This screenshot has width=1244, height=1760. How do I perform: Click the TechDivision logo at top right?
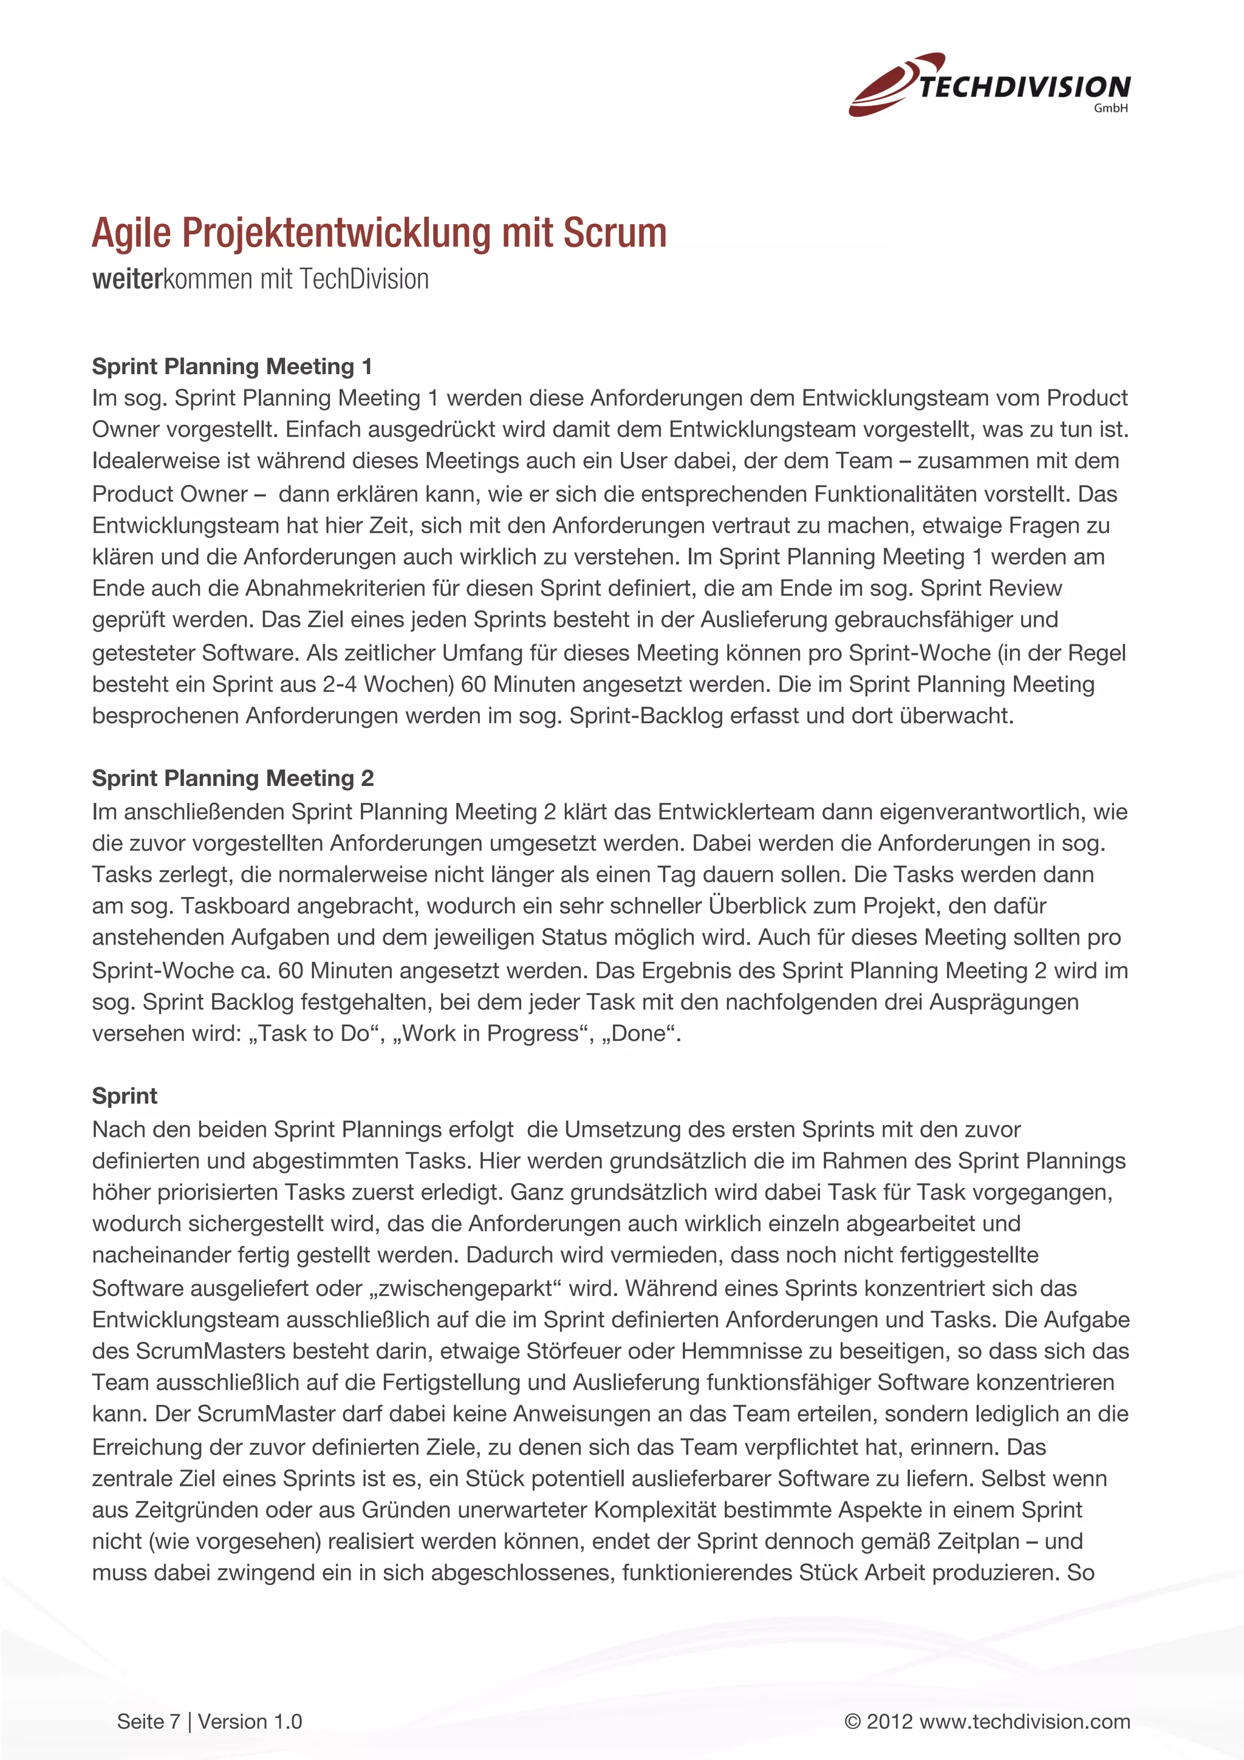point(989,85)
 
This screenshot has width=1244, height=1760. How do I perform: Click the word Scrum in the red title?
point(615,233)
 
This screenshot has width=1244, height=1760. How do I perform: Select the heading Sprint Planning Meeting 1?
point(231,366)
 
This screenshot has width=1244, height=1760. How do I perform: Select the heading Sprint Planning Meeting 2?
point(232,778)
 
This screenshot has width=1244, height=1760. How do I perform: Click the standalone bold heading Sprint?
point(124,1096)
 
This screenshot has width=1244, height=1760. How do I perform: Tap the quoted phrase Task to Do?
point(314,1033)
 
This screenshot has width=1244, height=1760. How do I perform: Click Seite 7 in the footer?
point(148,1722)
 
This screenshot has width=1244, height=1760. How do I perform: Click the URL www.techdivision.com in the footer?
point(1024,1722)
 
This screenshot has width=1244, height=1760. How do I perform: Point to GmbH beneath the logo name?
point(1110,109)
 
